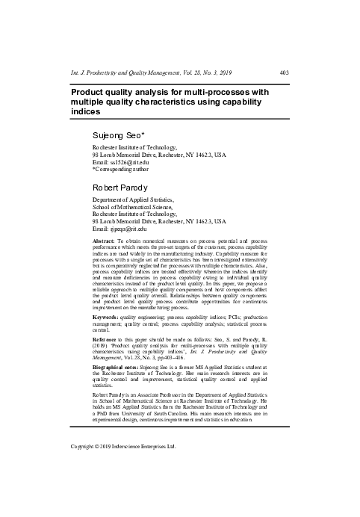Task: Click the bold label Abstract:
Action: [105, 244]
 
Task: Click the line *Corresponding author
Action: [119, 169]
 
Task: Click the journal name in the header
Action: [124, 72]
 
